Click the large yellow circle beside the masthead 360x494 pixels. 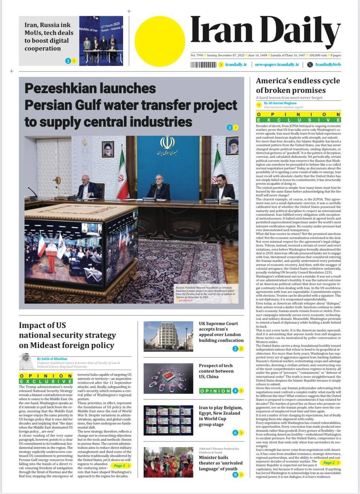tap(160, 41)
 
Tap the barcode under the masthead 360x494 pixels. tap(203, 64)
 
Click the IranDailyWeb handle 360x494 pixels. tap(328, 64)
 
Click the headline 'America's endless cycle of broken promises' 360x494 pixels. tap(298, 85)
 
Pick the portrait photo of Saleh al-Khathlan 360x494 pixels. tap(27, 361)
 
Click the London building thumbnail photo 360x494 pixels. tap(168, 336)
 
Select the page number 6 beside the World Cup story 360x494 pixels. tap(235, 433)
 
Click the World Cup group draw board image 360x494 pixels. tap(168, 420)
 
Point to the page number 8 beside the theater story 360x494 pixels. tap(235, 475)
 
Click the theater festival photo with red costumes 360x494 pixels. tap(168, 462)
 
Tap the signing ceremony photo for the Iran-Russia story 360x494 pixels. tap(101, 41)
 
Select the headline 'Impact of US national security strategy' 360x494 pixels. tap(67, 335)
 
